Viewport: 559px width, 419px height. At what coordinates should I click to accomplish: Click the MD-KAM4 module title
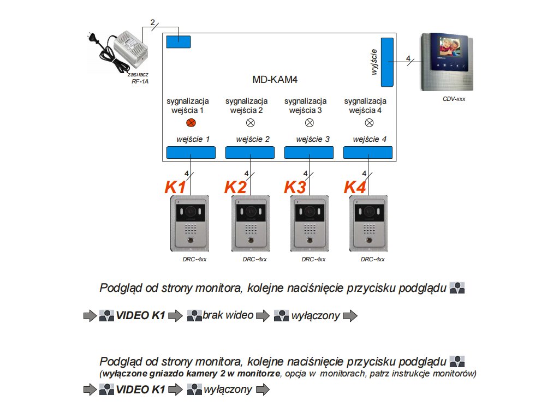coord(275,80)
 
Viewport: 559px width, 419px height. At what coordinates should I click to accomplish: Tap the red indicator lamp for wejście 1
coord(191,123)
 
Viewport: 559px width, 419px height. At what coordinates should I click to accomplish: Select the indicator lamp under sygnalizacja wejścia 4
coord(369,123)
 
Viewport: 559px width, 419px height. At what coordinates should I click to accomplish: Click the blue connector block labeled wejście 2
coord(250,153)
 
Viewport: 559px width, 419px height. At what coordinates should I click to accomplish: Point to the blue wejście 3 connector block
coord(309,153)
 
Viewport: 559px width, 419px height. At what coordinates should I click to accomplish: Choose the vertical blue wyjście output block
coord(388,62)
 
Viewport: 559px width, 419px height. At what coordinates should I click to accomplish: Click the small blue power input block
coord(178,42)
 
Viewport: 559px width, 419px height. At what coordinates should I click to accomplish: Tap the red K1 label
coord(175,188)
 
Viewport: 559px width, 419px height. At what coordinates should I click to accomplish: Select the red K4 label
coord(354,188)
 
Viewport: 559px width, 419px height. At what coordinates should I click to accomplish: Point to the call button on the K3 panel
coord(309,241)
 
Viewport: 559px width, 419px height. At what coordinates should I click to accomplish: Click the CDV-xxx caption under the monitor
coord(454,100)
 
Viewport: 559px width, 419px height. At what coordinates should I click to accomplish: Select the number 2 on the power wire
coord(152,23)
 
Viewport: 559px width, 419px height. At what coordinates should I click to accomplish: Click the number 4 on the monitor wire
coord(408,58)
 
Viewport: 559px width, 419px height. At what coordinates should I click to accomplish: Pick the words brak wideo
coord(228,315)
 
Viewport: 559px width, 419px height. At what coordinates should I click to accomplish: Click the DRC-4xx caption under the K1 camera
coord(194,259)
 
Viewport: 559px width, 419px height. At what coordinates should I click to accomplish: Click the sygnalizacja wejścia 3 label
coord(306,105)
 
